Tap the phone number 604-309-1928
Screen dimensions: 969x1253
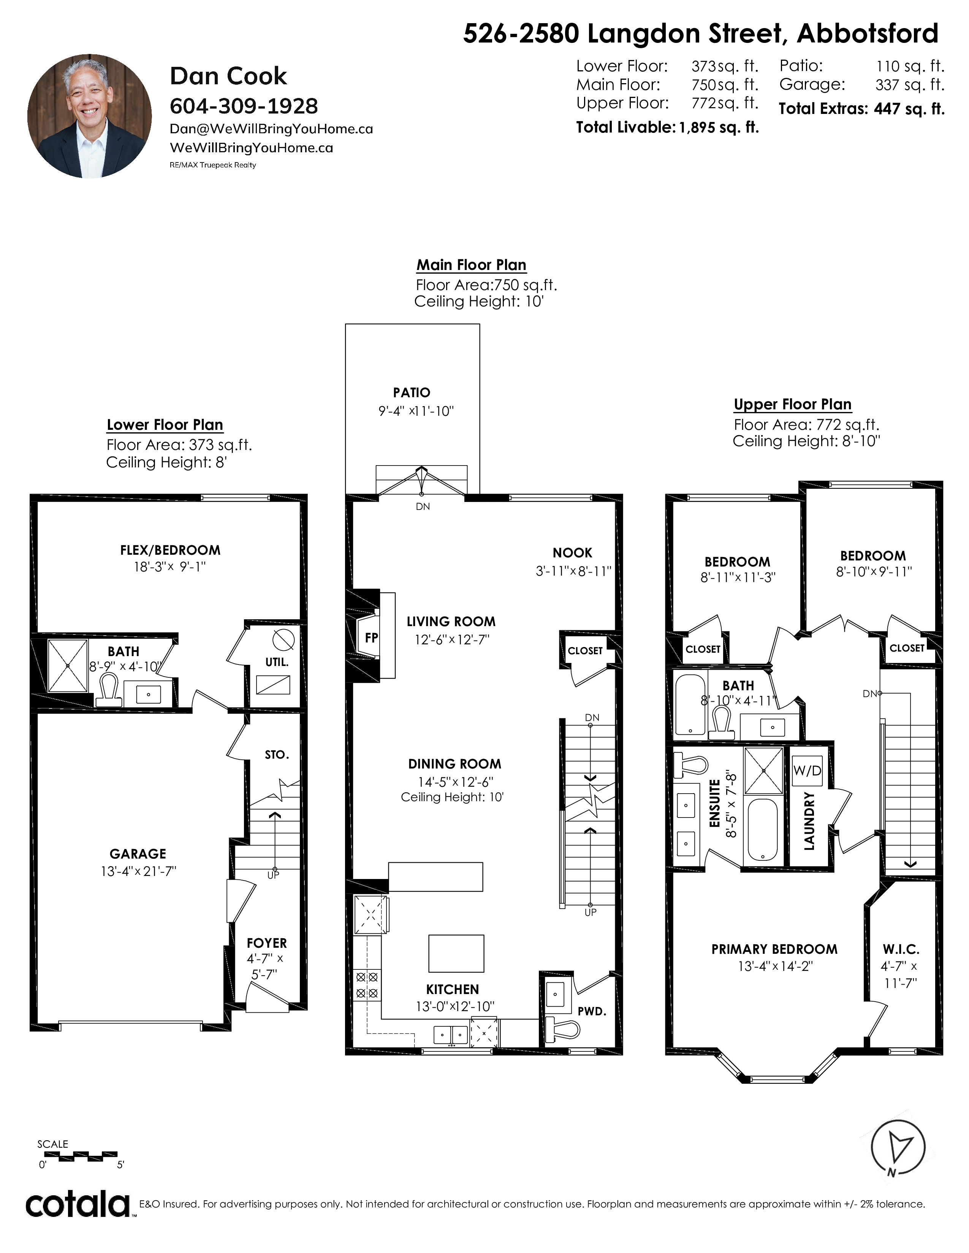pyautogui.click(x=244, y=106)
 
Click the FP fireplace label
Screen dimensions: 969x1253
pyautogui.click(x=371, y=638)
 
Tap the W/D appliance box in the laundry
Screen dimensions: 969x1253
pyautogui.click(x=807, y=770)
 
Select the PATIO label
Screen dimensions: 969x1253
pyautogui.click(x=412, y=393)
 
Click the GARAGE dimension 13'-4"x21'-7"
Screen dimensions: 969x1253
pyautogui.click(x=138, y=871)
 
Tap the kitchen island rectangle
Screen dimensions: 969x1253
pyautogui.click(x=456, y=953)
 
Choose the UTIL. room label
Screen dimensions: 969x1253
pyautogui.click(x=277, y=662)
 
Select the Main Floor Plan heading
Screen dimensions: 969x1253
pyautogui.click(x=471, y=265)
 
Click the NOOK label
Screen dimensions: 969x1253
pyautogui.click(x=572, y=553)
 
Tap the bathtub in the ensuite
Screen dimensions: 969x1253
pyautogui.click(x=763, y=830)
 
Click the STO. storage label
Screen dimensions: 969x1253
pyautogui.click(x=277, y=755)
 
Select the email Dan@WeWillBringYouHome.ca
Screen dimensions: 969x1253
pyautogui.click(x=272, y=129)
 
